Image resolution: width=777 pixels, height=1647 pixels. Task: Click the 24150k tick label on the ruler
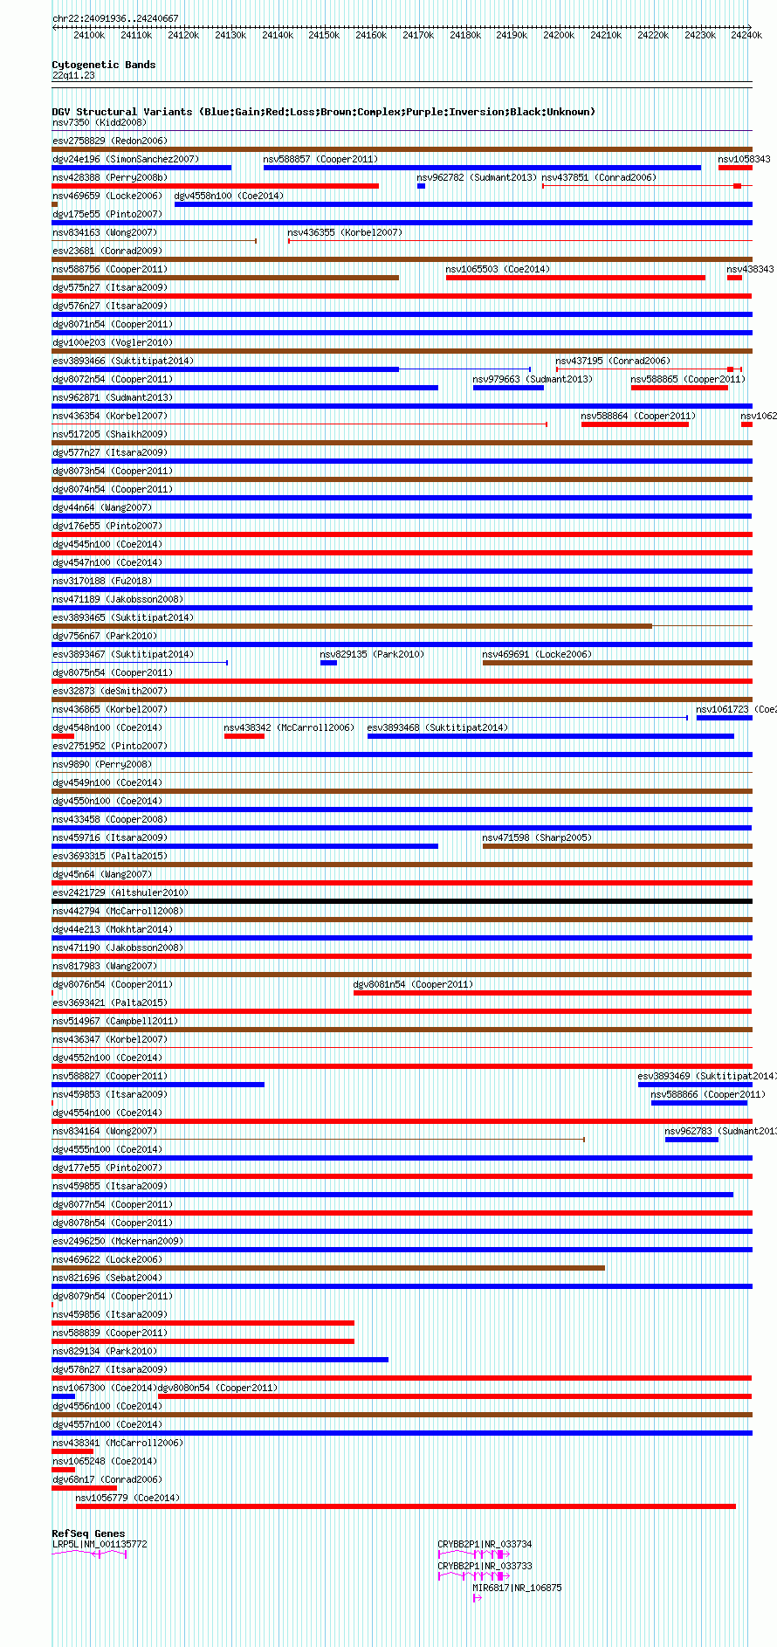324,35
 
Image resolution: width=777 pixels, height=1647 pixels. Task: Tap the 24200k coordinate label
559,35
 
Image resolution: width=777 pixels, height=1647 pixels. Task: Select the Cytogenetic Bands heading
103,65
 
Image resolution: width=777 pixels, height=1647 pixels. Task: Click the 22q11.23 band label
73,75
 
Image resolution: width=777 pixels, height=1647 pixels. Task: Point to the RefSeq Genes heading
88,1533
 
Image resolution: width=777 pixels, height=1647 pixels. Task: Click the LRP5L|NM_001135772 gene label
100,1544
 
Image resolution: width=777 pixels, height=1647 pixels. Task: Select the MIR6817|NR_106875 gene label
517,1588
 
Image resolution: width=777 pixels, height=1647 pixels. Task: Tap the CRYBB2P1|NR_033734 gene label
485,1544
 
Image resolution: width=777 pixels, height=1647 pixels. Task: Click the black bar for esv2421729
402,901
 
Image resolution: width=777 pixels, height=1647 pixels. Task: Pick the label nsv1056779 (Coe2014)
127,1498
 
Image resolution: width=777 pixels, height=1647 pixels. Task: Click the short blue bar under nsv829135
328,663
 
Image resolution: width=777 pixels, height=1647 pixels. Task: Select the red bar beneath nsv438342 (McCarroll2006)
244,736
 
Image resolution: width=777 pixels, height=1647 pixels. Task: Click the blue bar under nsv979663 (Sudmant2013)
508,388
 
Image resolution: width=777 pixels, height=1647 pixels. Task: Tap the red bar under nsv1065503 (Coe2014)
575,278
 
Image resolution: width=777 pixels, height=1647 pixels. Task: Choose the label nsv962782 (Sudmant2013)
477,177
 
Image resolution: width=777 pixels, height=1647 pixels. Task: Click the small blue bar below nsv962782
421,186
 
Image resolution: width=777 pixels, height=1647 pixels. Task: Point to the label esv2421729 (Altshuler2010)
120,892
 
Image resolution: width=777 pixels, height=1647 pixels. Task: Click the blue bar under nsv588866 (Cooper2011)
698,1103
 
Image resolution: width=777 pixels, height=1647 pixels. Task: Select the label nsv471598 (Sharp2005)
537,837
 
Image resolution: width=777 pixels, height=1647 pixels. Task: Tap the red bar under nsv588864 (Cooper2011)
635,424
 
